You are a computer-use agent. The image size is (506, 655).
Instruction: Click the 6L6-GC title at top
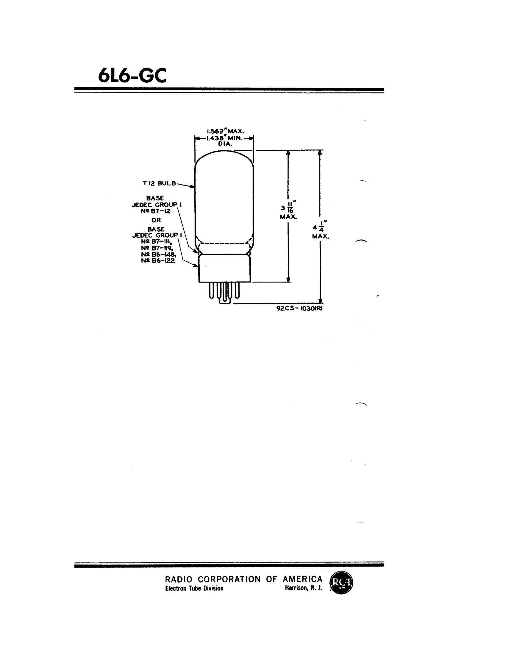pyautogui.click(x=132, y=76)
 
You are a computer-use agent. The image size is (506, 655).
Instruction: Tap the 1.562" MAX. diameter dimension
pyautogui.click(x=225, y=131)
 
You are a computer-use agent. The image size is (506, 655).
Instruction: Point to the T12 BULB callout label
pyautogui.click(x=159, y=183)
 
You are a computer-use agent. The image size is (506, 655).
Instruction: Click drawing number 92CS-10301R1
pyautogui.click(x=299, y=308)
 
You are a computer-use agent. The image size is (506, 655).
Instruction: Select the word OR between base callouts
pyautogui.click(x=156, y=220)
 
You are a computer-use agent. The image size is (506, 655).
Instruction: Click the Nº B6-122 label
pyautogui.click(x=158, y=261)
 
